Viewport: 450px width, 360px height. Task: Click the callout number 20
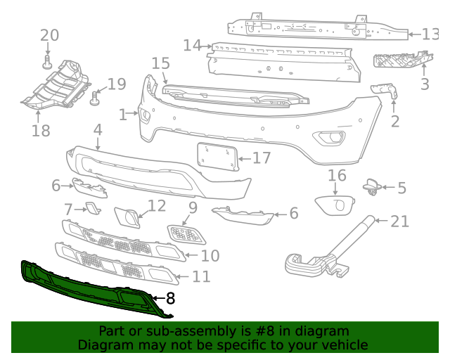[x=49, y=36]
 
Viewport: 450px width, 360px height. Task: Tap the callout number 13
[x=430, y=34]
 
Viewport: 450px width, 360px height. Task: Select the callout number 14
[x=193, y=46]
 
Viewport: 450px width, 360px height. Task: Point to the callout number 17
[x=261, y=158]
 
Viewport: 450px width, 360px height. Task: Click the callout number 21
[x=399, y=222]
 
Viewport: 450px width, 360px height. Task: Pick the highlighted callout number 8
[x=169, y=298]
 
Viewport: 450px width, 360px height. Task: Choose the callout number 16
[x=337, y=176]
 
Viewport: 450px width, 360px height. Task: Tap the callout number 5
[x=401, y=188]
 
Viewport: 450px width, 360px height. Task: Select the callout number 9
[x=193, y=208]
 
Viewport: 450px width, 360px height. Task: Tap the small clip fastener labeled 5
[x=371, y=186]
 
